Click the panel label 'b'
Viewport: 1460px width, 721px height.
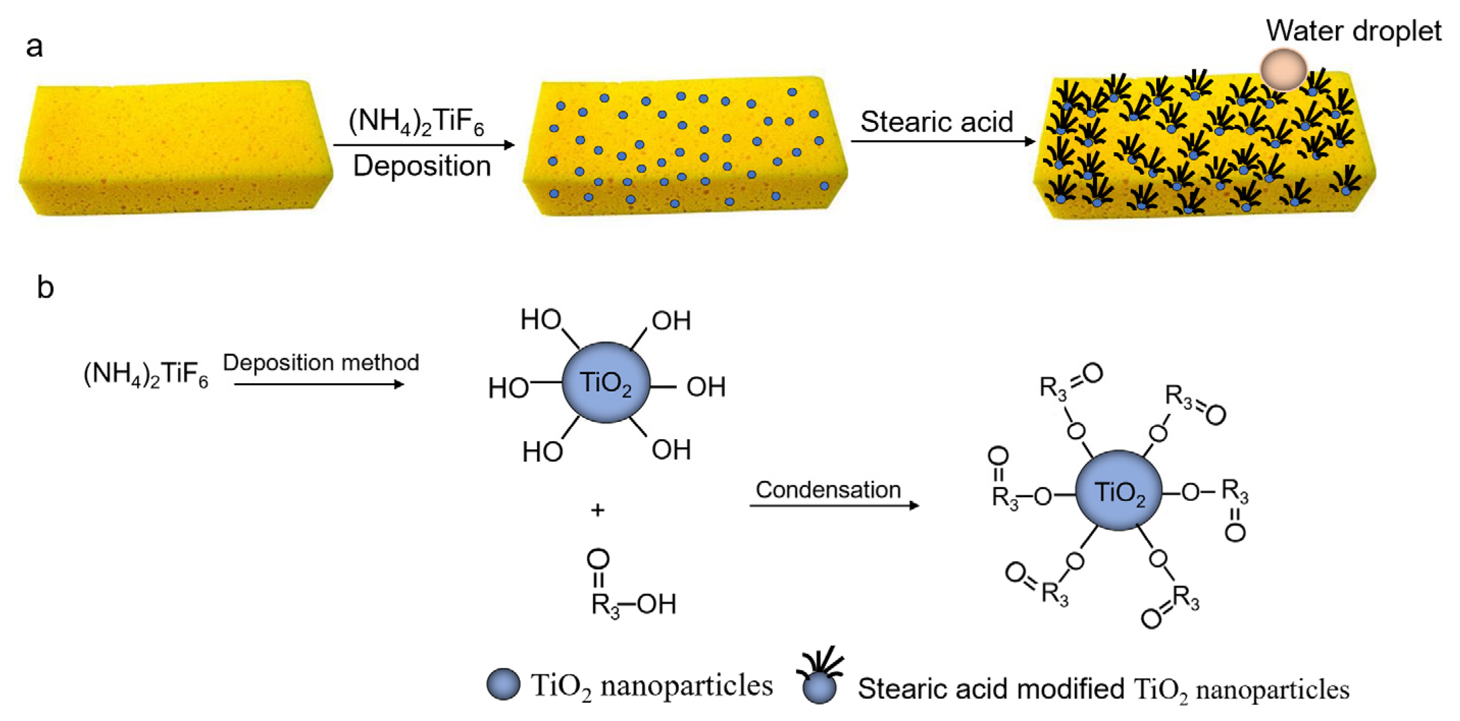tap(45, 287)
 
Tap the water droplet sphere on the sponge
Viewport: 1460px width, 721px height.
tap(1283, 70)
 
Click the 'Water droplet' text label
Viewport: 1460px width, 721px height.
tap(1353, 31)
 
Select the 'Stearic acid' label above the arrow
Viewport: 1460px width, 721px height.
tap(936, 122)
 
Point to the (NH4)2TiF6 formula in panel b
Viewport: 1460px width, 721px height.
tap(146, 374)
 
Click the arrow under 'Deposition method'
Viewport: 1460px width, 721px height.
tap(318, 384)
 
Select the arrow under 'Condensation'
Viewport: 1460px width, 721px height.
tap(834, 505)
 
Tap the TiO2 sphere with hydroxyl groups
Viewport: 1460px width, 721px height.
tap(605, 383)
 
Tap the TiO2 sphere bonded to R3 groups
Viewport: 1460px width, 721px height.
tap(1119, 491)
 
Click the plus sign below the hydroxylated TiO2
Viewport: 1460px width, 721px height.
tap(597, 511)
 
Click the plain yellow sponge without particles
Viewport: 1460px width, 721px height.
tap(176, 147)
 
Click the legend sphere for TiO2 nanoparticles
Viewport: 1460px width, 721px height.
tap(503, 684)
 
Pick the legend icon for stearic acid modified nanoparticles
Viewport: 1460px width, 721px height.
tap(820, 678)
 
